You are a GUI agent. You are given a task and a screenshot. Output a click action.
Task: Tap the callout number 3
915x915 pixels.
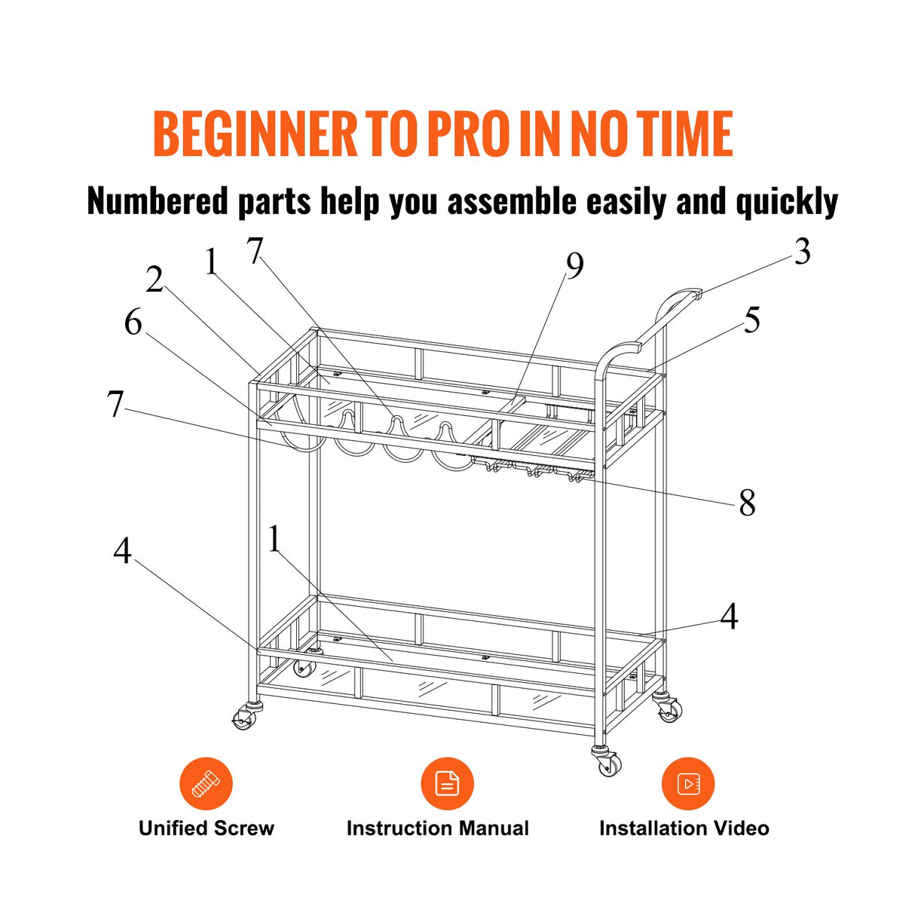(x=802, y=252)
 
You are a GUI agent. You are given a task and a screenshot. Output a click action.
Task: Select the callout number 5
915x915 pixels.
(x=751, y=320)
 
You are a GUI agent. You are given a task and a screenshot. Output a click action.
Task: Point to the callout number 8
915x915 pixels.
(x=747, y=503)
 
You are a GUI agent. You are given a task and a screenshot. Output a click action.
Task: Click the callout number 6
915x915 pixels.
(x=133, y=323)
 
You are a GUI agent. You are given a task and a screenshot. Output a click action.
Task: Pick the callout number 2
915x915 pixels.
(x=154, y=279)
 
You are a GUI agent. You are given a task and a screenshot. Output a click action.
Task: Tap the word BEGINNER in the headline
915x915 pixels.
(x=256, y=133)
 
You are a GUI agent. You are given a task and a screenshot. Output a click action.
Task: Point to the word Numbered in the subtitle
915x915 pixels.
(x=158, y=201)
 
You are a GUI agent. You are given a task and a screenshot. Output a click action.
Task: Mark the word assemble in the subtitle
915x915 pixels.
(x=512, y=201)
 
